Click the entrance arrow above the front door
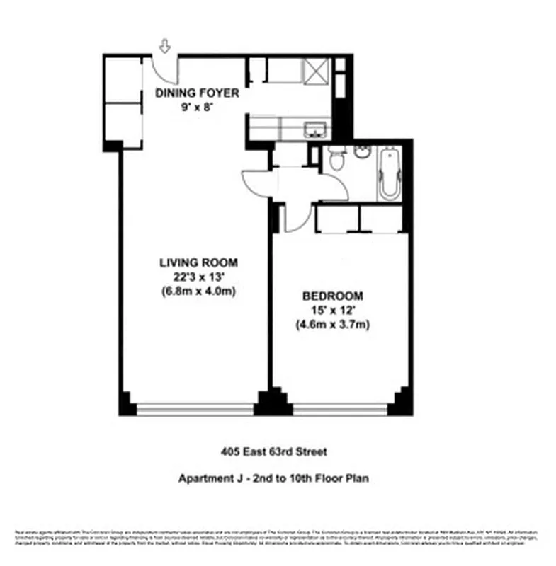coord(165,47)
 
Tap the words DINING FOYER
coord(197,93)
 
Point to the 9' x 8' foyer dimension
coord(197,107)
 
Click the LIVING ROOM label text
coord(198,261)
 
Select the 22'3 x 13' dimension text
coord(198,276)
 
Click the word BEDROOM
coord(332,296)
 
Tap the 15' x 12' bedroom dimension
coord(332,311)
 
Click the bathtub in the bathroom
coord(389,173)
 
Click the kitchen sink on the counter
coord(314,129)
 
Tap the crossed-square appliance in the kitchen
coord(316,71)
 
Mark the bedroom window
coord(340,409)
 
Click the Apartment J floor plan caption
coord(273,478)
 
